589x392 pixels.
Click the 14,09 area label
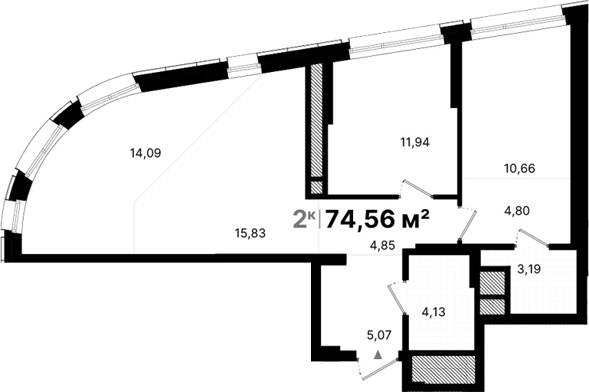tap(145, 152)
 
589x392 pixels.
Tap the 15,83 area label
tap(250, 234)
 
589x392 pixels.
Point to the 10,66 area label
tap(519, 168)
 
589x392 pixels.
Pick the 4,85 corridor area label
tap(384, 247)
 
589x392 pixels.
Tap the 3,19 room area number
tap(532, 269)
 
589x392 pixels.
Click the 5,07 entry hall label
tap(381, 334)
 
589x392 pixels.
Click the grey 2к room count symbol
tap(304, 220)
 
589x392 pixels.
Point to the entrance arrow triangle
tap(378, 354)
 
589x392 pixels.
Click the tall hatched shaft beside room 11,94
tap(316, 122)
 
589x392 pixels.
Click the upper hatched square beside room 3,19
tap(492, 283)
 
